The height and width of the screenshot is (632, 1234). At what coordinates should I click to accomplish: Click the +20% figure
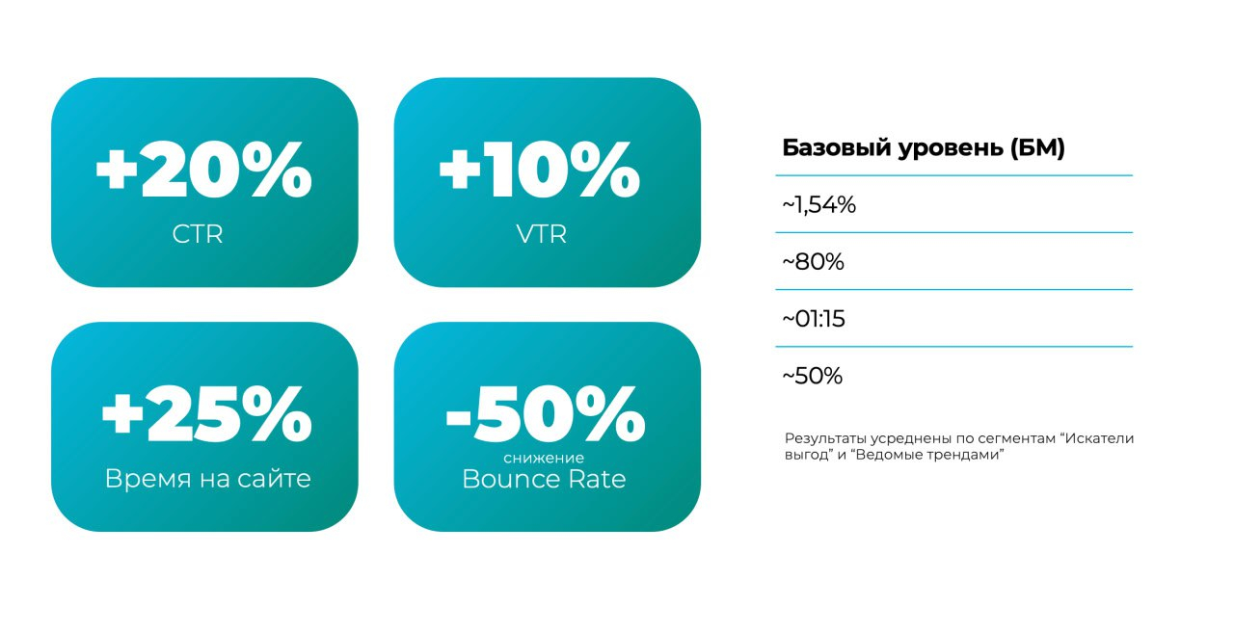click(203, 170)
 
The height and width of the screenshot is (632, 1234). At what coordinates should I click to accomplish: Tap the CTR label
click(198, 234)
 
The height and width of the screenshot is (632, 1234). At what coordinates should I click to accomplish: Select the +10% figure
click(539, 170)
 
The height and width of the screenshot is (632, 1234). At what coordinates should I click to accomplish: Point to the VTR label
click(542, 234)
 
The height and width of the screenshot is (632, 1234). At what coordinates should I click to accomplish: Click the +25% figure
click(207, 414)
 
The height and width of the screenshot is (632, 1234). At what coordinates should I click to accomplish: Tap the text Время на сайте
click(207, 479)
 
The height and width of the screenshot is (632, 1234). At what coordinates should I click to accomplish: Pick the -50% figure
click(546, 414)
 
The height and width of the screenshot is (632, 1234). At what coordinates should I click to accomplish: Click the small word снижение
click(544, 458)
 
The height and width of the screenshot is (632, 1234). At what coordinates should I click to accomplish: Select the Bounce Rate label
click(545, 479)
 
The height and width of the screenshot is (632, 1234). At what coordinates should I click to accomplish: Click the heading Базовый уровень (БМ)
click(924, 147)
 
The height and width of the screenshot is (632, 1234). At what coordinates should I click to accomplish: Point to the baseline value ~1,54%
click(819, 205)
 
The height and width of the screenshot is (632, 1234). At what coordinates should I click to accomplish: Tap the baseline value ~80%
click(813, 262)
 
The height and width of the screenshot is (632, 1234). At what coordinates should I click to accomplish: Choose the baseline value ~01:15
click(814, 319)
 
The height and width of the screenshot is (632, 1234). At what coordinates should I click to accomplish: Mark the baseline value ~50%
click(813, 376)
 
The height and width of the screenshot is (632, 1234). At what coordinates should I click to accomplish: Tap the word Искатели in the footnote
click(1100, 438)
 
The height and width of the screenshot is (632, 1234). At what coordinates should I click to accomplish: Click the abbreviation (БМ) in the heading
click(1037, 148)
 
